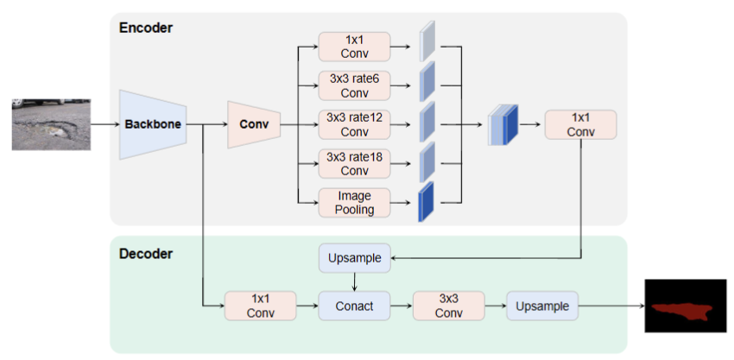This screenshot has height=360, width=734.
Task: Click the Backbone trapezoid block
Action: click(153, 124)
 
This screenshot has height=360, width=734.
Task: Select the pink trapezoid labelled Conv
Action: click(254, 124)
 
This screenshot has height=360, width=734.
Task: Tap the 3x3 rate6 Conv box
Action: click(354, 85)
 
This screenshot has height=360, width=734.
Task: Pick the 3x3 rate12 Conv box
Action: click(354, 124)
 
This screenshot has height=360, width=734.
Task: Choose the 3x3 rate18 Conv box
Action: click(354, 163)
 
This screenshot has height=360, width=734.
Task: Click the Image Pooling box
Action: click(354, 203)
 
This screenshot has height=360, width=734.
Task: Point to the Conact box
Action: click(354, 306)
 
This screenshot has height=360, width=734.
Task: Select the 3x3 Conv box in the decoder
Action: click(448, 306)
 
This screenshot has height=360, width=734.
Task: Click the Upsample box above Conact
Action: click(354, 258)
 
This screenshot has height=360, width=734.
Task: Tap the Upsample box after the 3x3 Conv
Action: click(542, 306)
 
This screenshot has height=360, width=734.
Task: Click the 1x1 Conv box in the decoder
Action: click(260, 306)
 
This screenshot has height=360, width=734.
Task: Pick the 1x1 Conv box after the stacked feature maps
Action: click(580, 124)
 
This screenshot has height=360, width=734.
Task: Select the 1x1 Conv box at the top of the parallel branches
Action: click(354, 47)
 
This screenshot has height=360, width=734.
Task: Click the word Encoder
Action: click(146, 28)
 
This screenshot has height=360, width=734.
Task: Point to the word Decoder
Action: click(146, 254)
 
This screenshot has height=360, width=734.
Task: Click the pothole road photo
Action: click(51, 124)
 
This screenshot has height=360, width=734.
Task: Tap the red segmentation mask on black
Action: click(682, 311)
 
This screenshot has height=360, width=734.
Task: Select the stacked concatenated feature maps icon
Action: click(503, 124)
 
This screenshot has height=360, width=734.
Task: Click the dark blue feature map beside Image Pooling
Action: click(426, 202)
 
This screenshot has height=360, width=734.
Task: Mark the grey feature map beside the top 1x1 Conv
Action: click(427, 41)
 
